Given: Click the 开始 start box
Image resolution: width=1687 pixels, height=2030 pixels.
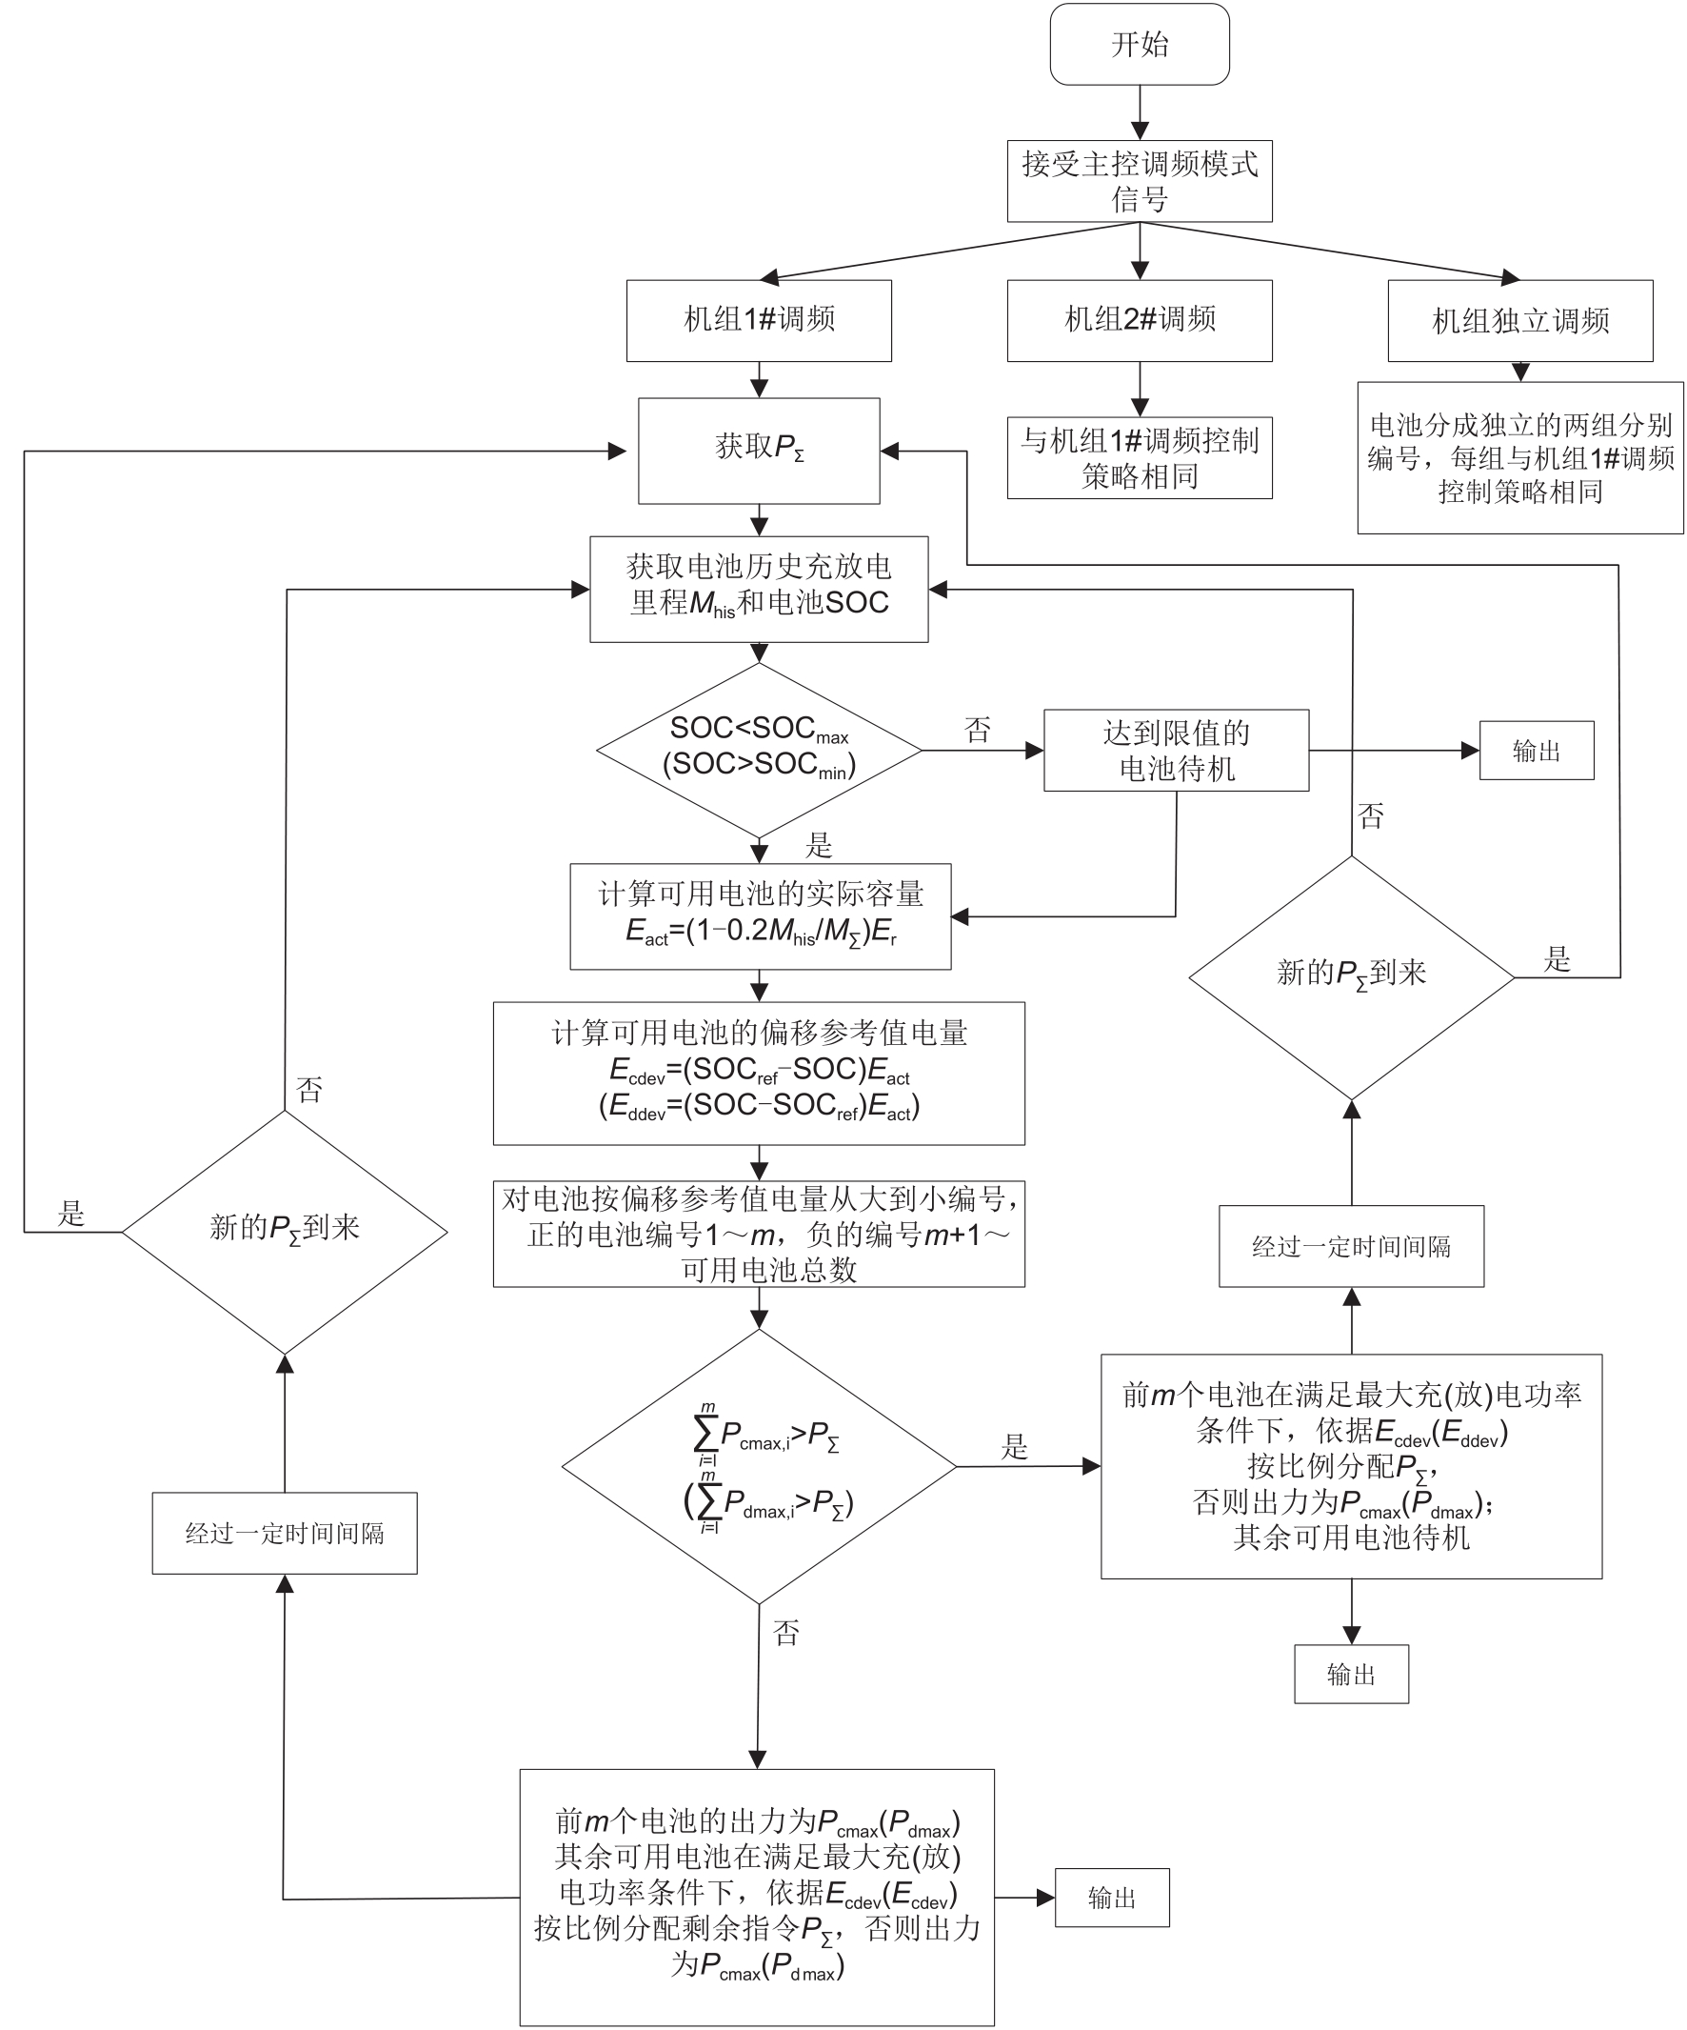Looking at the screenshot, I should point(1140,45).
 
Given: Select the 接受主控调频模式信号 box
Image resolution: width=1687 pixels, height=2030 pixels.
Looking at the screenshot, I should point(1140,182).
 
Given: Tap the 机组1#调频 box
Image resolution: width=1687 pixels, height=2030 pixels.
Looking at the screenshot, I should point(759,320).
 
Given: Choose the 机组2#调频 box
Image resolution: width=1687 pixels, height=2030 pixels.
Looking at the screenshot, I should point(1140,320).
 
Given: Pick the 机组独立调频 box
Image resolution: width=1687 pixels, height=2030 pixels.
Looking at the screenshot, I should point(1519,320).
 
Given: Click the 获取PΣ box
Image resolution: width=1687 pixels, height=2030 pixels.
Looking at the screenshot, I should point(759,451).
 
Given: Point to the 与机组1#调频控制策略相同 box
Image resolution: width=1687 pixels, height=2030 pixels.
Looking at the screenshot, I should point(1140,458).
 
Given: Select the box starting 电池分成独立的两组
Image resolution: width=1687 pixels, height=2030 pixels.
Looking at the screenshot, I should point(1519,458).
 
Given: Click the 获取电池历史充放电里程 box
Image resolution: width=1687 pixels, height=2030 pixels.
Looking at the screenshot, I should point(759,589).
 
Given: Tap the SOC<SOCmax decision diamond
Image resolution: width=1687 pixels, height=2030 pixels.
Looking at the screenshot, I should point(759,749).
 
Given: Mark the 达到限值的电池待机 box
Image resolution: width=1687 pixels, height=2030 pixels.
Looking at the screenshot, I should point(1176,750).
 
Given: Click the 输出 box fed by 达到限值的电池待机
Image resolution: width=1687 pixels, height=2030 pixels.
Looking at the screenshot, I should point(1537,750).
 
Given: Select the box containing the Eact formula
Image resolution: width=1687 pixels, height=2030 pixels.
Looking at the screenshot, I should point(760,915).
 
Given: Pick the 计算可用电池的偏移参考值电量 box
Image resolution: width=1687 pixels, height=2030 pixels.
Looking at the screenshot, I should point(759,1073).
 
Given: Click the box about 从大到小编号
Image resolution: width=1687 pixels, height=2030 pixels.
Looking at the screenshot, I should point(759,1234).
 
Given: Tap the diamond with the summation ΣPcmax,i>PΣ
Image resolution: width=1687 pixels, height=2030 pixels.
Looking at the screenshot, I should point(759,1467).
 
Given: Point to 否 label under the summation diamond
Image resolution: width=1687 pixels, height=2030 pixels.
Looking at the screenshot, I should point(786,1633).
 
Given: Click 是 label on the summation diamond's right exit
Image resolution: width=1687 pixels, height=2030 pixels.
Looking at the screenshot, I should point(1015,1446).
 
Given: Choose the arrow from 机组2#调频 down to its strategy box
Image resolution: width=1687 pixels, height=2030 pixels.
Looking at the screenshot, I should point(1140,389).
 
